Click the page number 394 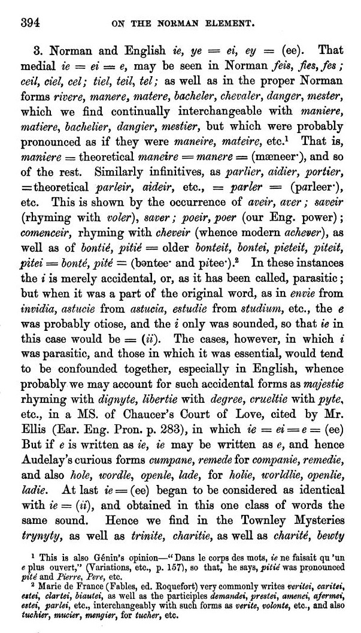click(30, 23)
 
